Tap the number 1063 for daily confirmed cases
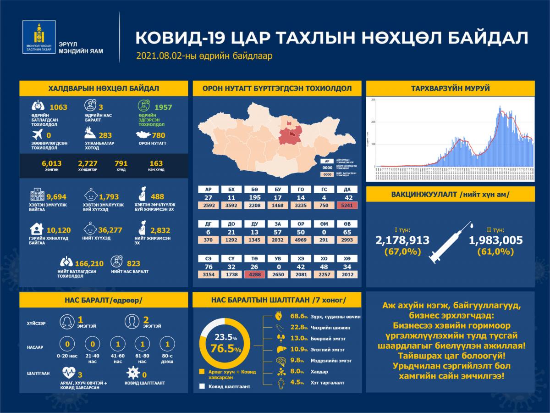58,107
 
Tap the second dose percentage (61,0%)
495,251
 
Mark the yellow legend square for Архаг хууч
202,371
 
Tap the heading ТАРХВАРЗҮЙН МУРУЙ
450,88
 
